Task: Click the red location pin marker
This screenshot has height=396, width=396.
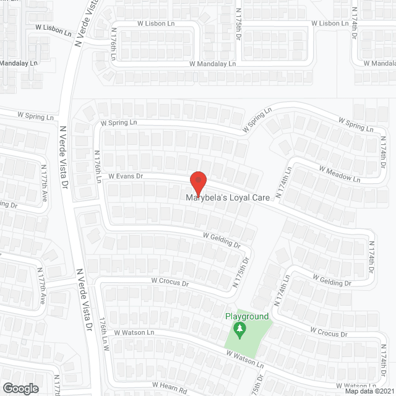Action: point(197,184)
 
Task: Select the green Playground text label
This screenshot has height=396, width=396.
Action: point(247,317)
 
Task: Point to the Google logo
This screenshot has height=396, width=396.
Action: point(20,389)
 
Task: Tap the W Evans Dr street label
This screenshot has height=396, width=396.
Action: point(126,176)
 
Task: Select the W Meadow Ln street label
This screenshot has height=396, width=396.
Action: point(339,173)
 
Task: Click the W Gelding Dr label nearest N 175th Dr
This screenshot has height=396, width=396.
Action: point(222,241)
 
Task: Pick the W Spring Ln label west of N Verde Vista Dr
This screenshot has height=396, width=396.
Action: point(35,116)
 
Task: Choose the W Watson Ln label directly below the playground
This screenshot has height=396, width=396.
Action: point(244,358)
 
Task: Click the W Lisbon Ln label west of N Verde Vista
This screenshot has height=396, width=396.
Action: point(53,28)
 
